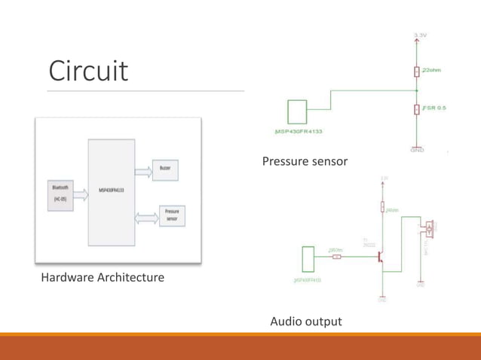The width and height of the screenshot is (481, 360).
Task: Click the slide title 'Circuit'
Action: [88, 72]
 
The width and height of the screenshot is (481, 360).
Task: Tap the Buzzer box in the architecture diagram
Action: [164, 169]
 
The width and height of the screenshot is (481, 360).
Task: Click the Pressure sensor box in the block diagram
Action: [171, 218]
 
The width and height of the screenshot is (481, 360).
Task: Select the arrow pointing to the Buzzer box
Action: [141, 169]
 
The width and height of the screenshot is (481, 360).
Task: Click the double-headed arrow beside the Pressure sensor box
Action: [143, 218]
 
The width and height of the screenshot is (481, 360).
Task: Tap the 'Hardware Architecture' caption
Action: [103, 278]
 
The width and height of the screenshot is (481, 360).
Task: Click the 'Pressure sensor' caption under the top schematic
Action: [305, 162]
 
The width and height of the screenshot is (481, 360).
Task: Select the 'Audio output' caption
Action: [305, 322]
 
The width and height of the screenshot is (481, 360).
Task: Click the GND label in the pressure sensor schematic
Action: [417, 149]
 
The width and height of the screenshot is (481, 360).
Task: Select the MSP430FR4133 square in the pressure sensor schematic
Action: [297, 111]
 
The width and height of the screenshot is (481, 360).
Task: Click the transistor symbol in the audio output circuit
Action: [381, 257]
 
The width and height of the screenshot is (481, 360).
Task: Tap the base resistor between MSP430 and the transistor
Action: [336, 257]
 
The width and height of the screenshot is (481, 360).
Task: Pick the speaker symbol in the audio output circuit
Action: [429, 228]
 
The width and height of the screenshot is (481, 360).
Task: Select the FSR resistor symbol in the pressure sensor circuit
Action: [417, 109]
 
